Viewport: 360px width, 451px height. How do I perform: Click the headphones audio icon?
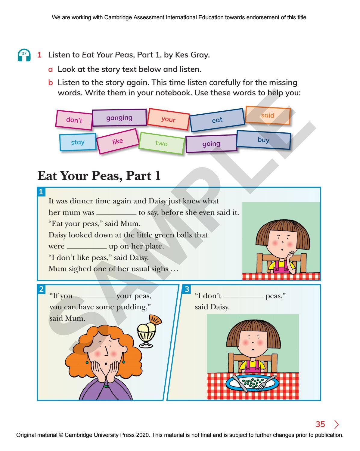click(x=24, y=55)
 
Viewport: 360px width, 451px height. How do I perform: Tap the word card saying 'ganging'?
click(x=119, y=118)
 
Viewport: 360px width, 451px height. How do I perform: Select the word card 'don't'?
click(x=74, y=120)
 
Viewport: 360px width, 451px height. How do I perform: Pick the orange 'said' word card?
click(x=268, y=115)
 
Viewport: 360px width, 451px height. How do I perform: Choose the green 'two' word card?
click(x=161, y=143)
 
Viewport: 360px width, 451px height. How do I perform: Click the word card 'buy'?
click(x=263, y=140)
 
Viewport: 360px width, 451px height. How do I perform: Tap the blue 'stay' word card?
click(x=78, y=142)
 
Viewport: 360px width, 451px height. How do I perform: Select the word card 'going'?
click(x=211, y=144)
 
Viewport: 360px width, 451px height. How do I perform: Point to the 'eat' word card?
click(x=217, y=120)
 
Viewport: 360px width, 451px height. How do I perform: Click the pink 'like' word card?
click(x=117, y=141)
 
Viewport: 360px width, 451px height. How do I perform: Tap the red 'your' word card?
click(x=168, y=119)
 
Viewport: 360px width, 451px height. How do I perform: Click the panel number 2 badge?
click(x=41, y=289)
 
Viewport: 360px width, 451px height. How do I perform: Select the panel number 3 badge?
click(x=187, y=289)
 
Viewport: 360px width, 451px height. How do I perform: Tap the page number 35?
click(x=320, y=424)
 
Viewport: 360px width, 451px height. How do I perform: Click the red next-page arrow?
click(x=336, y=424)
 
